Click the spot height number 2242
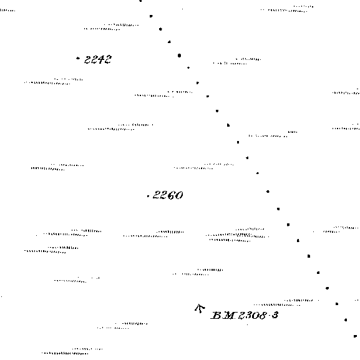(x=98, y=60)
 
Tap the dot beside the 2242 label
(x=78, y=58)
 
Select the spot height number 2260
(x=168, y=195)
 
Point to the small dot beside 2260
(x=148, y=196)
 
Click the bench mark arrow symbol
(x=200, y=308)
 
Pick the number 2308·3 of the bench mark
(x=258, y=315)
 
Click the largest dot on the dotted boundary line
(x=179, y=56)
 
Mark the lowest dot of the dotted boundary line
(x=355, y=336)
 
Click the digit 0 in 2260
(x=179, y=196)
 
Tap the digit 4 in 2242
(x=101, y=60)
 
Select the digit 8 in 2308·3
(x=263, y=315)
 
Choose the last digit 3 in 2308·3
(x=275, y=315)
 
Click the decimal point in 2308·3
(x=270, y=315)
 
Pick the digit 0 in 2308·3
(x=256, y=316)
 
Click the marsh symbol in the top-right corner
(x=287, y=9)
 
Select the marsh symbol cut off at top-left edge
(x=7, y=10)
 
